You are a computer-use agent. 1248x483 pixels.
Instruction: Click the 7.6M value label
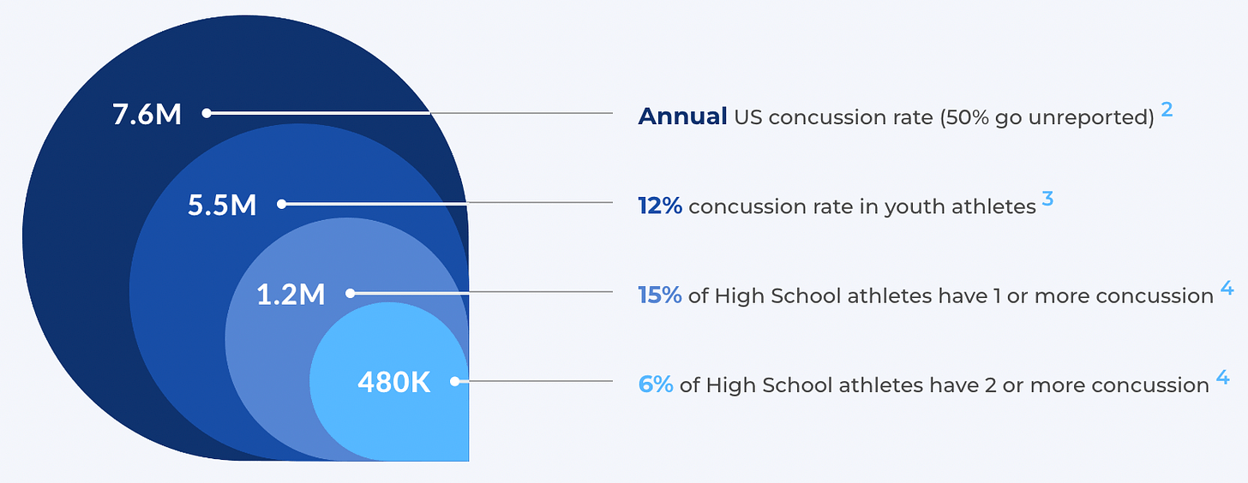point(147,114)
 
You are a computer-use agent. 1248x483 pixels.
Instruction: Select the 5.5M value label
point(222,206)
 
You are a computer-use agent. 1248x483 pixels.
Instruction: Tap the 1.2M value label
point(291,295)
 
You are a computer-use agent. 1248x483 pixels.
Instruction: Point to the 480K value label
point(393,383)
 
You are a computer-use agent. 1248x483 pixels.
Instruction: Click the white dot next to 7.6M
point(206,112)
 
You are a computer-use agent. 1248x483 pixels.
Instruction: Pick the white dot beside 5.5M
point(281,204)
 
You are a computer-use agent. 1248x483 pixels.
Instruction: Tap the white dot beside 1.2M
point(350,293)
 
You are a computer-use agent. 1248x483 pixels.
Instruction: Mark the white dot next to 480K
point(454,381)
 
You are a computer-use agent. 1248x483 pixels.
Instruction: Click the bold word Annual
point(682,116)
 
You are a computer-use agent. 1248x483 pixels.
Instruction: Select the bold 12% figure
point(659,206)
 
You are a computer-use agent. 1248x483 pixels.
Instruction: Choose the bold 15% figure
point(659,295)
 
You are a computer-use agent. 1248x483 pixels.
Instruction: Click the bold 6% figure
point(656,385)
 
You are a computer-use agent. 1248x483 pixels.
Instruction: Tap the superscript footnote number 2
point(1167,110)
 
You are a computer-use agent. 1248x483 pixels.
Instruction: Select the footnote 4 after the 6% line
point(1222,378)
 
